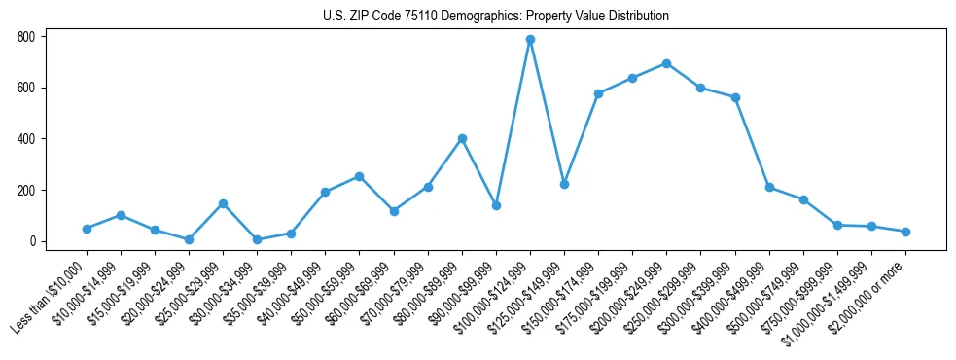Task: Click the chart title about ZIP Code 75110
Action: pos(495,17)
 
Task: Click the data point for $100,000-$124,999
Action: pos(530,40)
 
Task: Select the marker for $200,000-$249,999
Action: pos(666,63)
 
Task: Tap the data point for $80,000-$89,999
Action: pos(462,138)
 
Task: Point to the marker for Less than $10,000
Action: pos(87,229)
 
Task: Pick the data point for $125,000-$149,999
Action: pos(564,184)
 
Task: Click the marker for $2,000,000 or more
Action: pos(905,232)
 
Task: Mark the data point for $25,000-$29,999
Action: pos(223,203)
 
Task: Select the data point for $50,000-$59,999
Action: pos(359,176)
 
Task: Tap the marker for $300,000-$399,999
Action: pos(735,97)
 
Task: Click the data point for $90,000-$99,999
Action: pos(496,205)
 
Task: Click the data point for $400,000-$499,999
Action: pos(769,187)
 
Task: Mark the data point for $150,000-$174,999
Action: pos(598,93)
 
